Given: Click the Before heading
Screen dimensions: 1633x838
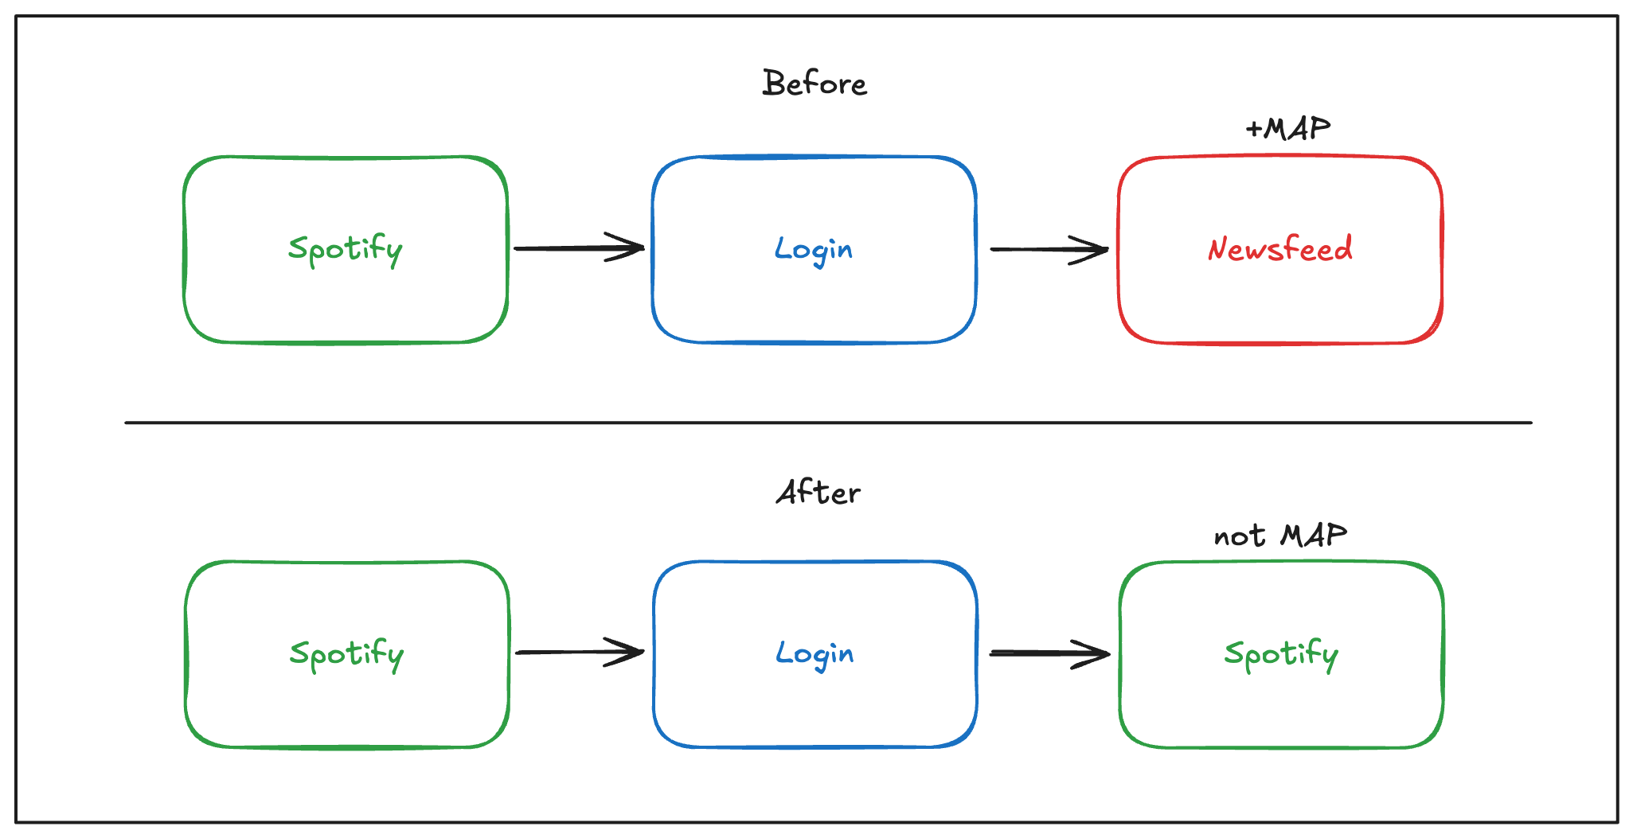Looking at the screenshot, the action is point(814,83).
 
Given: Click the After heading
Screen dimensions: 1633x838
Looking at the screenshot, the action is point(818,493).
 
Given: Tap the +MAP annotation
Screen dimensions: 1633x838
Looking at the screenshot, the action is point(1287,128).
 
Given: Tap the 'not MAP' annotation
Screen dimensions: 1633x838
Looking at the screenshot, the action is point(1280,536).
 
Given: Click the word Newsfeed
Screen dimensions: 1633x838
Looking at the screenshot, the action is point(1280,248).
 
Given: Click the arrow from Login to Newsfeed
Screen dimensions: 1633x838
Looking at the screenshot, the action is point(1049,250).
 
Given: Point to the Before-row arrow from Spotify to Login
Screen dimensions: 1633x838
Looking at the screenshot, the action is point(579,248).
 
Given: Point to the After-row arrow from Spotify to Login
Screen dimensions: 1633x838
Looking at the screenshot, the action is point(580,653).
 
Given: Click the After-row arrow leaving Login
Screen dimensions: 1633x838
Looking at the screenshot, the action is point(1050,654).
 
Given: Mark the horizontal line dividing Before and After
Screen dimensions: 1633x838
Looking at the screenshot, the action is point(828,423).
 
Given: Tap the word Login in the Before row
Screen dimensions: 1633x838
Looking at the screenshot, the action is point(814,250).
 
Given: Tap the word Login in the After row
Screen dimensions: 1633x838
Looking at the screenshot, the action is point(815,654).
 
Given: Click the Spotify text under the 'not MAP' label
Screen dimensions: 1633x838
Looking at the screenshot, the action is point(1281,654).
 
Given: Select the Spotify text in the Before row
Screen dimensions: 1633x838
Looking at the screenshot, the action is point(346,250).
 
